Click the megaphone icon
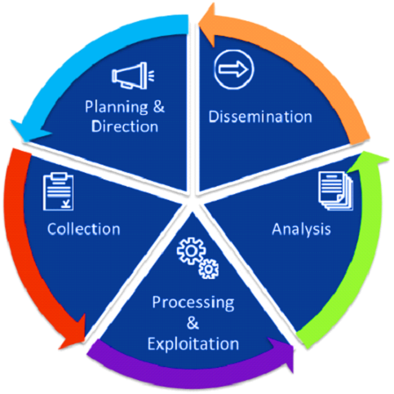click(x=133, y=76)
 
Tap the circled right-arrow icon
click(x=234, y=69)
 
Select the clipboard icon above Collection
click(x=58, y=192)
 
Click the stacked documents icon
click(x=336, y=191)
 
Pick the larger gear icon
click(x=191, y=251)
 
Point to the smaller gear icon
click(x=209, y=269)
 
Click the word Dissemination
click(x=260, y=117)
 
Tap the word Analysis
click(x=301, y=230)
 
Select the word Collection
click(x=84, y=229)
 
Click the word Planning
click(x=117, y=108)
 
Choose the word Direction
click(x=125, y=126)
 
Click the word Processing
click(x=193, y=303)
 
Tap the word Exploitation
click(x=193, y=344)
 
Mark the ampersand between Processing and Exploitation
click(x=193, y=323)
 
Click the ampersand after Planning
click(x=159, y=106)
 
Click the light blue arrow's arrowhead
click(x=29, y=131)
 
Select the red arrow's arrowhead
click(x=74, y=334)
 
